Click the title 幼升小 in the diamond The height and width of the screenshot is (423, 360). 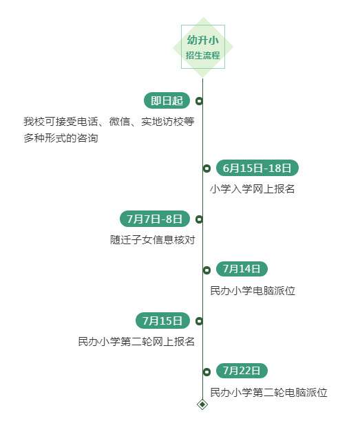point(203,40)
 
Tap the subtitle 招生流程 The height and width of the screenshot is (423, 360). point(203,56)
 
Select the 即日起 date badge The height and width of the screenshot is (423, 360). point(167,100)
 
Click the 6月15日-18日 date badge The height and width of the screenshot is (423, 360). point(257,168)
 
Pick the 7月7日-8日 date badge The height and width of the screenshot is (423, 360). point(155,219)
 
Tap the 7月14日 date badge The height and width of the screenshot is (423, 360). point(242,269)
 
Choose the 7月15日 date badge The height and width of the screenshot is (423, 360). point(162,321)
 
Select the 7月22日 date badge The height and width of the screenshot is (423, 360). point(242,371)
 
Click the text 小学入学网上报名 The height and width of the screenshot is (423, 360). point(252,189)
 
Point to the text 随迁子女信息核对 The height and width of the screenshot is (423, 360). point(153,239)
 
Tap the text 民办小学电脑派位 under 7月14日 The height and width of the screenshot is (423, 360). point(253,290)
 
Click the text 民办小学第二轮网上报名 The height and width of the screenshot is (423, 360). point(136,342)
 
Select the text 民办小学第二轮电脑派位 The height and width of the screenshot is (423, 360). point(268,392)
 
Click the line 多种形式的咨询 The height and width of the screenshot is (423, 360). point(61,138)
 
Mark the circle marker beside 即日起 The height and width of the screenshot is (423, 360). point(199,101)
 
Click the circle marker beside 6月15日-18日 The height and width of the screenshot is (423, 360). point(207,169)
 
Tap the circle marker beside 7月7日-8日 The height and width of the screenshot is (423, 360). point(199,219)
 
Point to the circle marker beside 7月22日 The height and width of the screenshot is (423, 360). point(207,372)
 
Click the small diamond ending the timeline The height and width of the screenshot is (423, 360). point(202,404)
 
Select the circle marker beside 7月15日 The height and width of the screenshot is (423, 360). point(199,321)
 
